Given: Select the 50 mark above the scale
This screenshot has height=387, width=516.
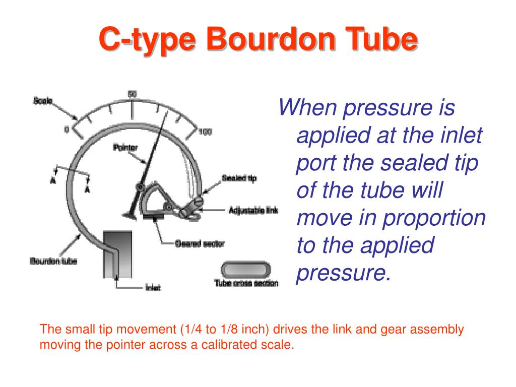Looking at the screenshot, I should coord(132,94).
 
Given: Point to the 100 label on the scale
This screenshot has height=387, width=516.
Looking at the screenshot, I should coord(205,132).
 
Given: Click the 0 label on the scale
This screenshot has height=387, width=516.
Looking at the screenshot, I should coord(66,130).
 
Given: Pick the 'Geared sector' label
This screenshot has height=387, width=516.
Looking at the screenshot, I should coord(200,244).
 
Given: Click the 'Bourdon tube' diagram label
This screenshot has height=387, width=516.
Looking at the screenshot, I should coord(53,261).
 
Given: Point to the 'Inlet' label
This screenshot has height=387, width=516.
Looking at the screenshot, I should coord(153,288).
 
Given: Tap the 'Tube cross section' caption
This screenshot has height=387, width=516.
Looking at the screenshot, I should coord(246,283).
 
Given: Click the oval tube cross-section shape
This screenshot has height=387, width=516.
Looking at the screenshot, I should coord(245,268).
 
